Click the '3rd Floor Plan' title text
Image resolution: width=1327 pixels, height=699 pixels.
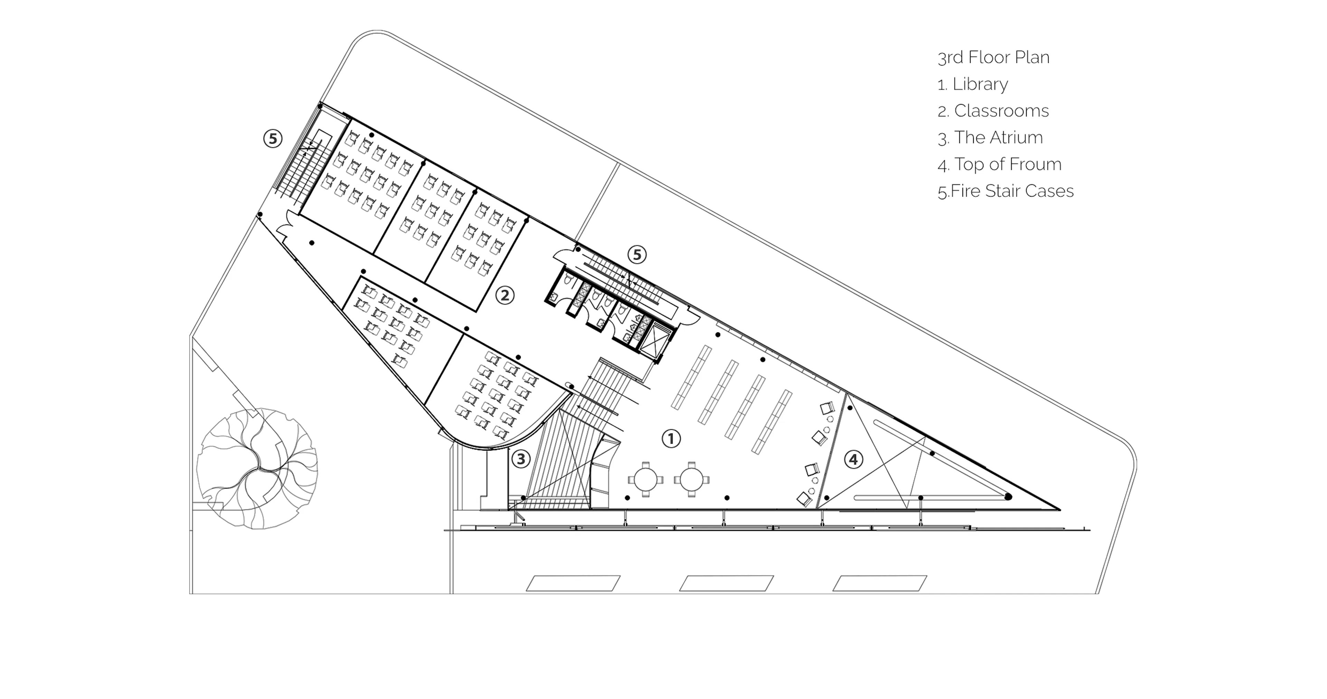(x=993, y=57)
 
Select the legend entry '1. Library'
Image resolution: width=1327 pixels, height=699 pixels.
(x=972, y=84)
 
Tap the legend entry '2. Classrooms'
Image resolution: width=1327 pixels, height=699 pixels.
(x=993, y=111)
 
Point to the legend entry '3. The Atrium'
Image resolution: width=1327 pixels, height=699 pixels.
(x=990, y=138)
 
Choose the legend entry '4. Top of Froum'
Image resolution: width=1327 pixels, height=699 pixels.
(x=999, y=164)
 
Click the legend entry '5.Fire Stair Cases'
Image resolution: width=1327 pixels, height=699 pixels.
(x=1006, y=191)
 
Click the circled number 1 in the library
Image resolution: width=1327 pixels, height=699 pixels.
(x=671, y=439)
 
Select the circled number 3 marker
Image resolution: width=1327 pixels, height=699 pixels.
(x=521, y=459)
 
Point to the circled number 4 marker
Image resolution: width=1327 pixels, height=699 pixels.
(x=854, y=459)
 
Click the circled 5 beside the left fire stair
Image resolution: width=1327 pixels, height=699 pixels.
(x=273, y=139)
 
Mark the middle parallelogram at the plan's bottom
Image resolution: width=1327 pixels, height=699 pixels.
(x=726, y=583)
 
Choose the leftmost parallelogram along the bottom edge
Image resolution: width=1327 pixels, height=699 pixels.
(x=573, y=583)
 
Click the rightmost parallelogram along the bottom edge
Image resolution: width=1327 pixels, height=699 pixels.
(x=880, y=583)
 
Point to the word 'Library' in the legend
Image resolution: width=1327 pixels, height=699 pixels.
(x=980, y=84)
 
